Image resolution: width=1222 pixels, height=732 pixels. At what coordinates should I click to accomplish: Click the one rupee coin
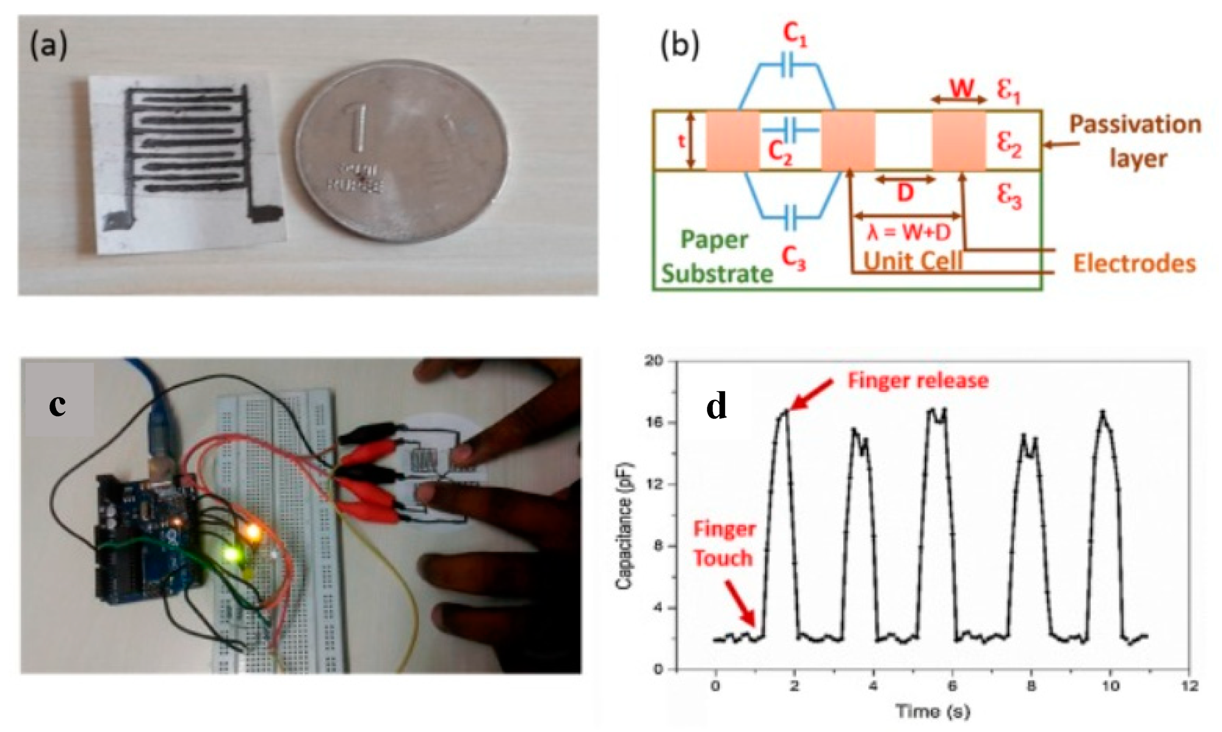point(402,152)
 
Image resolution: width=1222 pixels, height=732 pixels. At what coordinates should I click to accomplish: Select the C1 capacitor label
point(795,35)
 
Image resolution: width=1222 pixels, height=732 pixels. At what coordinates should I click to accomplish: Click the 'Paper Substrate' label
point(716,256)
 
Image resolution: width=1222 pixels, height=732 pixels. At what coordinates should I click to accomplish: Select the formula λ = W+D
point(909,232)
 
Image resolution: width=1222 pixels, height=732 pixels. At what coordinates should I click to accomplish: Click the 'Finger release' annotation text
point(918,381)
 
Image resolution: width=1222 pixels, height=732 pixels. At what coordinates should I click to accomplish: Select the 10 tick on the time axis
point(1110,686)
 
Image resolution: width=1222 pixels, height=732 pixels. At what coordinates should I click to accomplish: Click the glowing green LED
point(230,554)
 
